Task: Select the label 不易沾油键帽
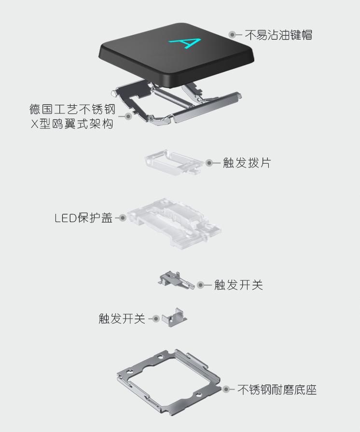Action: (x=278, y=35)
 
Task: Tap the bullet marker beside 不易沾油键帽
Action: (x=233, y=35)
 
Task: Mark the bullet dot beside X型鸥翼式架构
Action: (x=128, y=116)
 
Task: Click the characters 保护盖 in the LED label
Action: (x=96, y=218)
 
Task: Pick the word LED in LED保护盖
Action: (x=66, y=218)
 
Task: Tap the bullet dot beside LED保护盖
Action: (x=123, y=218)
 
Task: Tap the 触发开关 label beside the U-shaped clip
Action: (x=122, y=319)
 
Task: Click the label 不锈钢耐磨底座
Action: (x=277, y=390)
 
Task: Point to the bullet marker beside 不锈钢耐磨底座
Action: (x=226, y=389)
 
